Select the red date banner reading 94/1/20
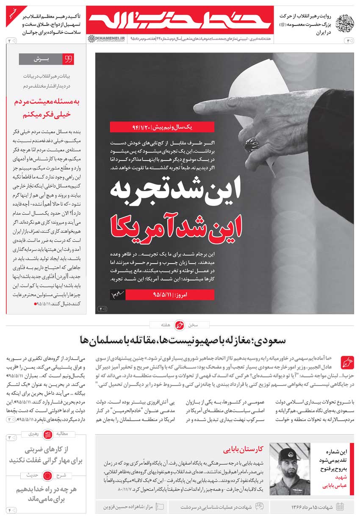click(x=162, y=127)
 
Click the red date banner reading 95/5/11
click(x=169, y=294)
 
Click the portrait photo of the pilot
click(x=290, y=469)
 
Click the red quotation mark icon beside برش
click(x=68, y=59)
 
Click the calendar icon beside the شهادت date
click(x=340, y=507)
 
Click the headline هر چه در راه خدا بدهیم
click(x=47, y=494)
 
